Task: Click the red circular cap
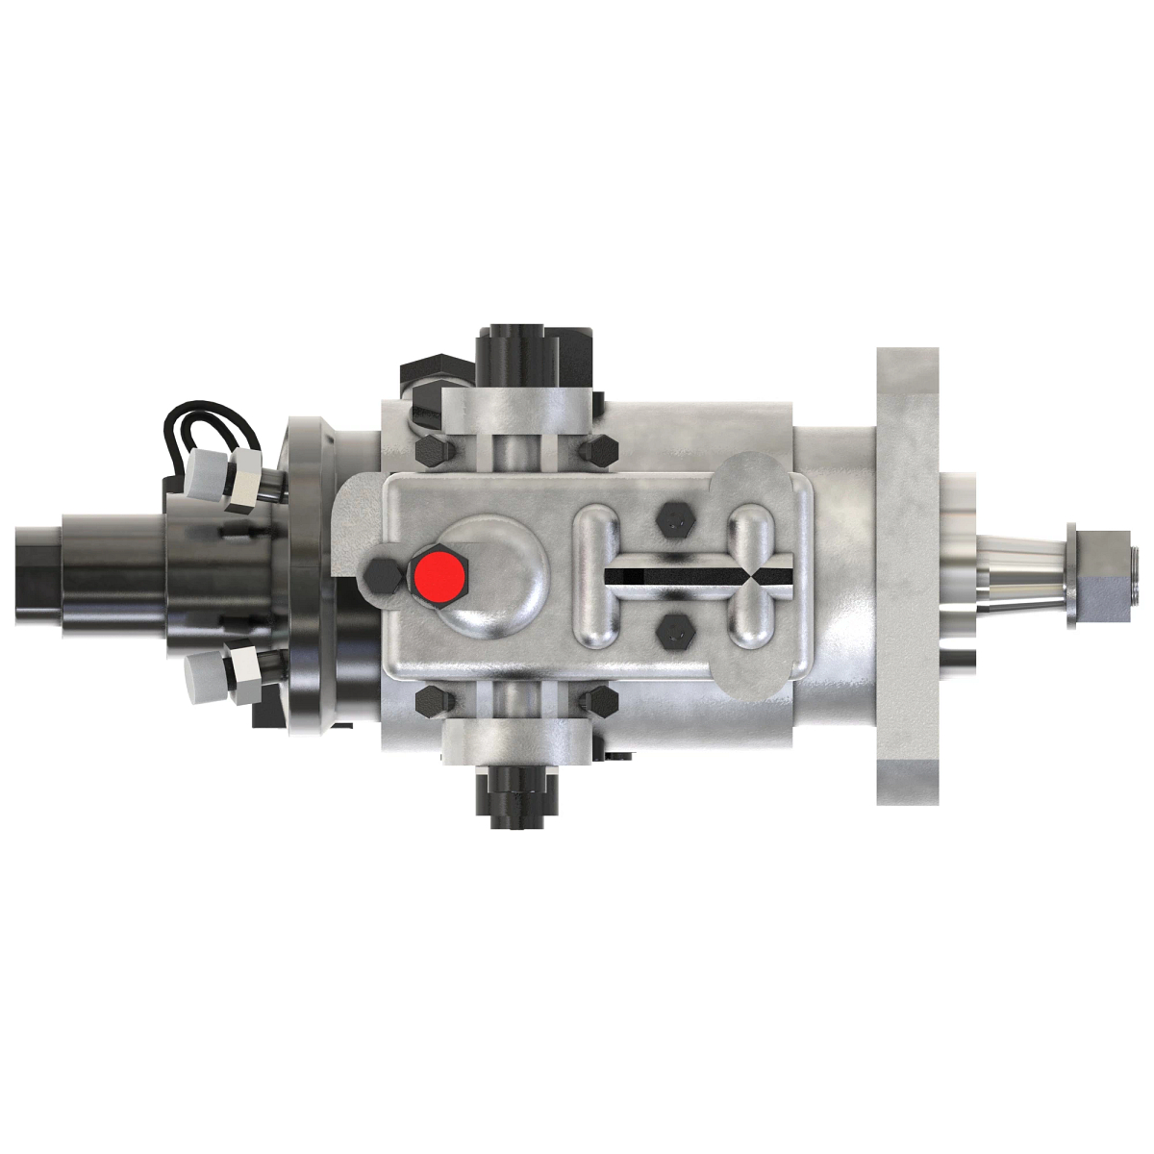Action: [439, 576]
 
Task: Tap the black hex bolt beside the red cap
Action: [381, 576]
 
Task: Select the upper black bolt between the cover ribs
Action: [673, 522]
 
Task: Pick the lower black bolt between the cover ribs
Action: [673, 632]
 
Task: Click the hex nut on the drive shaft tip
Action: [1097, 576]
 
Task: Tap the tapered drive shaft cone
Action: [1019, 576]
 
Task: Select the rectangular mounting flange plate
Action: [909, 574]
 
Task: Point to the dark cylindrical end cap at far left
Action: [43, 576]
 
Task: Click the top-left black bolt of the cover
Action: [429, 451]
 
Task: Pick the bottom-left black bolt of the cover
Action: [429, 702]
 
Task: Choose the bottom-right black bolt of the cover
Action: [601, 701]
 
